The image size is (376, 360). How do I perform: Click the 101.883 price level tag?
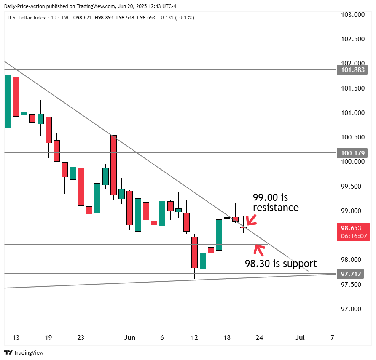tap(352, 70)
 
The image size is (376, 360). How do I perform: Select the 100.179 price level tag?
tap(352, 153)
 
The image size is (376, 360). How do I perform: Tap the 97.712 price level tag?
tap(352, 274)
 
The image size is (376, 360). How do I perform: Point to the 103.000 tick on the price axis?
tap(352, 15)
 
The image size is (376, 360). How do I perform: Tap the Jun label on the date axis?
tap(130, 338)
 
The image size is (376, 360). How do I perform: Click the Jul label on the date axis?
tap(300, 338)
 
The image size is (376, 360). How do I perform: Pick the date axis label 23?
tap(81, 338)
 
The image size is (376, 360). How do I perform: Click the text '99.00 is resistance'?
tap(276, 203)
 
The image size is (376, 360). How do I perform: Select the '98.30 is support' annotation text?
tap(281, 264)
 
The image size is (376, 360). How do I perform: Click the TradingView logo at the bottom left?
tap(24, 352)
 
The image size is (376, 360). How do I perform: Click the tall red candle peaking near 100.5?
tap(113, 165)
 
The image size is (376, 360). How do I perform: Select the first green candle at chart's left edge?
tap(8, 101)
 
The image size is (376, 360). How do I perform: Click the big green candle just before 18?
tap(219, 235)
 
